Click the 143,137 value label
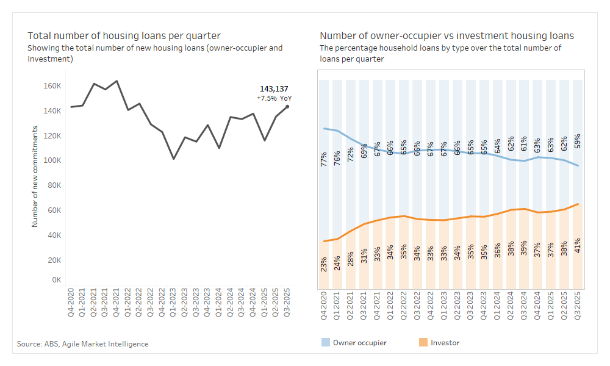274,88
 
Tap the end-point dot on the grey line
287,107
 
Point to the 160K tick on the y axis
52,86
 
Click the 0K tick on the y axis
56,280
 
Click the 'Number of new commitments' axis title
35,177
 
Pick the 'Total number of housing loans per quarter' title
124,35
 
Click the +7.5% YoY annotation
274,98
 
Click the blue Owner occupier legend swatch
326,343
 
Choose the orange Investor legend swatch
422,343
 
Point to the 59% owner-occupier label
577,141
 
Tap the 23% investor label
324,264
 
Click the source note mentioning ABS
82,344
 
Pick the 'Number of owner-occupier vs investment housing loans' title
447,35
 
